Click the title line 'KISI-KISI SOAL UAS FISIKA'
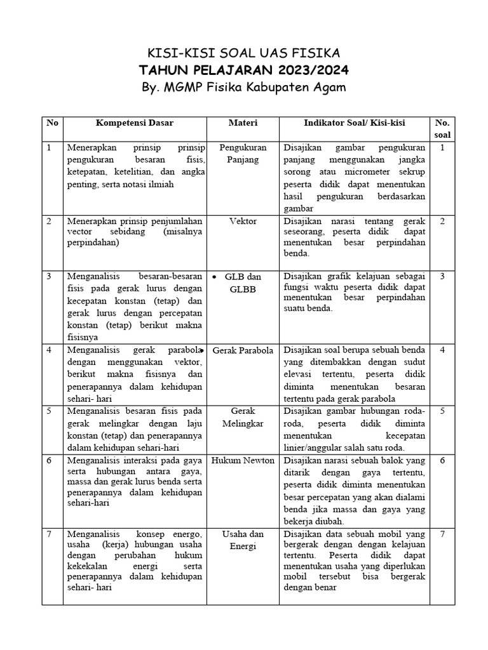244,52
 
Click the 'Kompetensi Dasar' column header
134,123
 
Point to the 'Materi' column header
243,123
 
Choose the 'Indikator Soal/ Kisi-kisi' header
355,123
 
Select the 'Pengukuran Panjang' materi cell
243,154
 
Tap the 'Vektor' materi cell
243,221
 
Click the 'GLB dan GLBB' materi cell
245,283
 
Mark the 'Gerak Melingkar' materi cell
243,417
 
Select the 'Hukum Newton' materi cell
243,460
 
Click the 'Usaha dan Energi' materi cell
243,540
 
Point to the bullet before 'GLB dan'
214,277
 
